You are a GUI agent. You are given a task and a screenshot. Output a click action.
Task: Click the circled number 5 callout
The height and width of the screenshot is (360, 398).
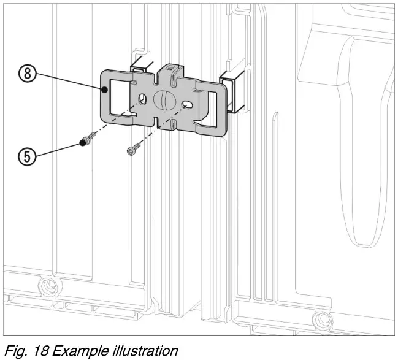(x=27, y=156)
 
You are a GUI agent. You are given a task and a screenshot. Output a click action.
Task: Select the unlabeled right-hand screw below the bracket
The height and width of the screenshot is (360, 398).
(x=134, y=148)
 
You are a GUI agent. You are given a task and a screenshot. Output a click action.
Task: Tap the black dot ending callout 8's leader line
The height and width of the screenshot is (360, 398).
(x=105, y=90)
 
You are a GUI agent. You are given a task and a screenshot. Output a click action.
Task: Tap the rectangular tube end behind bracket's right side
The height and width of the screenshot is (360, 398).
(x=229, y=93)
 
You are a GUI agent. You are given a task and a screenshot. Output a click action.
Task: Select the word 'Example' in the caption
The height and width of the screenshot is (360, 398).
(x=77, y=350)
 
